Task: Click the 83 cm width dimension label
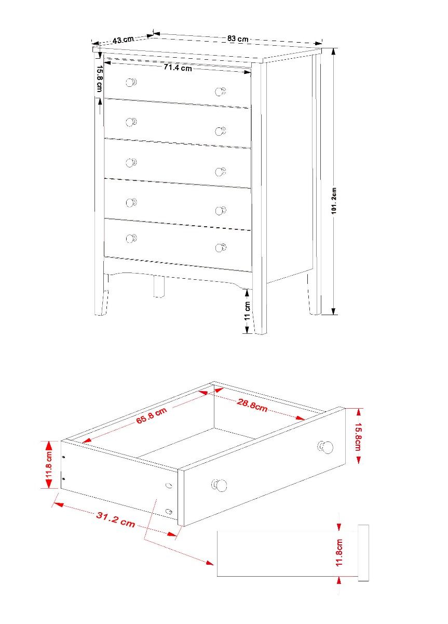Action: tap(238, 38)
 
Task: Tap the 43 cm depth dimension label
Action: tap(123, 40)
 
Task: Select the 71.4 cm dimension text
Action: tap(178, 68)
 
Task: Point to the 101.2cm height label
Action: tap(334, 201)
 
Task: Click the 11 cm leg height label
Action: tap(247, 310)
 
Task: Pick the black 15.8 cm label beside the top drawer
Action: tap(100, 79)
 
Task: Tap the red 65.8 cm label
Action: tap(152, 415)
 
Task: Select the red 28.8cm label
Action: tap(252, 405)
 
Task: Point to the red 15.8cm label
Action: tap(358, 436)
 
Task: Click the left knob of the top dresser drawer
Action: tap(131, 83)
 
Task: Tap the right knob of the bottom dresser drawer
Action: tap(221, 248)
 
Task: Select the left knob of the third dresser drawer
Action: tap(131, 163)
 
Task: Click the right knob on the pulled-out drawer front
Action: tap(325, 447)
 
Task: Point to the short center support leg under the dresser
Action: tap(159, 287)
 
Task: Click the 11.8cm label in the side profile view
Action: tap(340, 553)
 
